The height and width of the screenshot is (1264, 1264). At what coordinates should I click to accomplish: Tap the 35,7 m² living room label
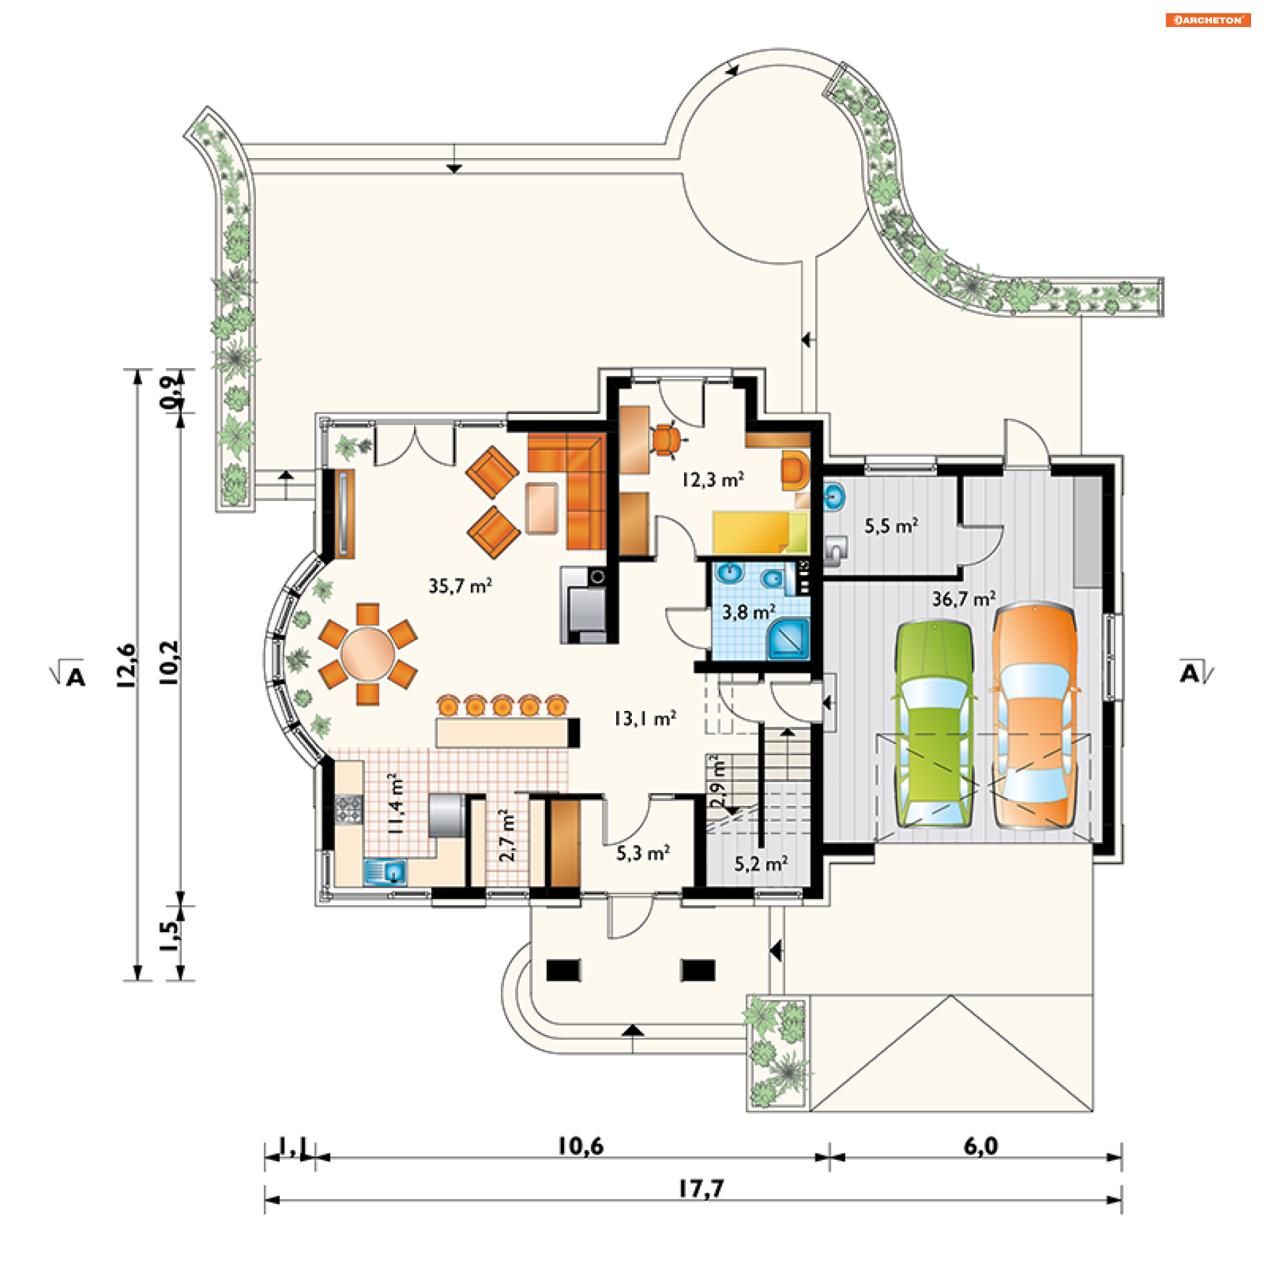tap(460, 585)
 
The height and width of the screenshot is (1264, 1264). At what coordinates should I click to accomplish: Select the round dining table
tap(367, 654)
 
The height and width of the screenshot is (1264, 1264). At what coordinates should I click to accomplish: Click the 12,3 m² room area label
tap(712, 479)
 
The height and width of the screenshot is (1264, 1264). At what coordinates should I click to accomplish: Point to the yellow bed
tap(760, 532)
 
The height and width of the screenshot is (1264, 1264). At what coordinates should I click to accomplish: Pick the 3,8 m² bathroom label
tap(749, 612)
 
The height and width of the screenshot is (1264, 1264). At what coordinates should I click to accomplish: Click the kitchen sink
tap(385, 872)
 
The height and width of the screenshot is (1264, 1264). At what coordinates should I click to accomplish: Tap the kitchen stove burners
tap(349, 809)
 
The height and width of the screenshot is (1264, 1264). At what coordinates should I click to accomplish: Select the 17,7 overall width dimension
tap(701, 1188)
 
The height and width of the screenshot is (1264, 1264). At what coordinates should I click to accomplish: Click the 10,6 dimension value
tap(581, 1146)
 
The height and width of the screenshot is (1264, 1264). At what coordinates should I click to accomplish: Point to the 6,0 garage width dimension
tap(980, 1146)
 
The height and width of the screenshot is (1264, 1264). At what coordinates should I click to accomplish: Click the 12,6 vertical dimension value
tap(126, 666)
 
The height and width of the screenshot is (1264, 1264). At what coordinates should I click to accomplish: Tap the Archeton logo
tap(1208, 20)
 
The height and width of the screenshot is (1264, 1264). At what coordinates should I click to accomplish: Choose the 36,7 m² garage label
tap(963, 598)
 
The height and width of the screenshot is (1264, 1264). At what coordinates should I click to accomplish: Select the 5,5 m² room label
tap(891, 525)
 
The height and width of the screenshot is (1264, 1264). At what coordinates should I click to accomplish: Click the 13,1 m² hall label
tap(645, 718)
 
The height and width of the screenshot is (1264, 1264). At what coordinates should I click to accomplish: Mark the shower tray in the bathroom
tap(788, 638)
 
